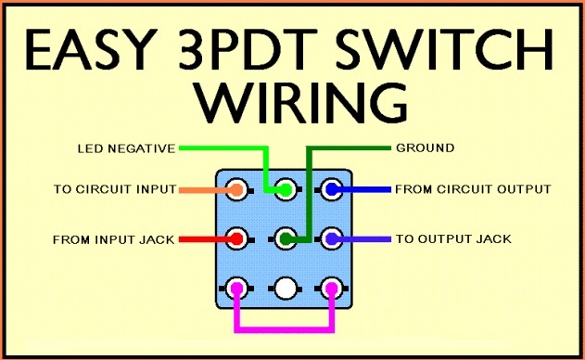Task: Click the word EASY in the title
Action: [x=91, y=50]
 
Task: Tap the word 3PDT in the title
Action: [x=248, y=50]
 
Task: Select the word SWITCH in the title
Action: [x=444, y=50]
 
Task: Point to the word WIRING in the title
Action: [x=300, y=103]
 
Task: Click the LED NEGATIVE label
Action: [x=126, y=148]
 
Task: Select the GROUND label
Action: [x=425, y=148]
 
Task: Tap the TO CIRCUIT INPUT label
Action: [x=115, y=189]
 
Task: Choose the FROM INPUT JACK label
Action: [x=114, y=239]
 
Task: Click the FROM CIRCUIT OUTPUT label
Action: [x=473, y=189]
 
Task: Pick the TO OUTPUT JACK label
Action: [x=453, y=238]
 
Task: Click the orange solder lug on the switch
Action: [x=236, y=189]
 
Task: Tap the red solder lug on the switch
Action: [x=236, y=238]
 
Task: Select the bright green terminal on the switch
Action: [x=286, y=189]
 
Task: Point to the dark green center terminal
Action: [x=286, y=238]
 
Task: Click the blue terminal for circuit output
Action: [x=332, y=189]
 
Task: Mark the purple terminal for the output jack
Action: [x=332, y=238]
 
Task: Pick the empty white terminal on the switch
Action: [x=286, y=289]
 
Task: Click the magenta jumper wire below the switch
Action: [x=285, y=329]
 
